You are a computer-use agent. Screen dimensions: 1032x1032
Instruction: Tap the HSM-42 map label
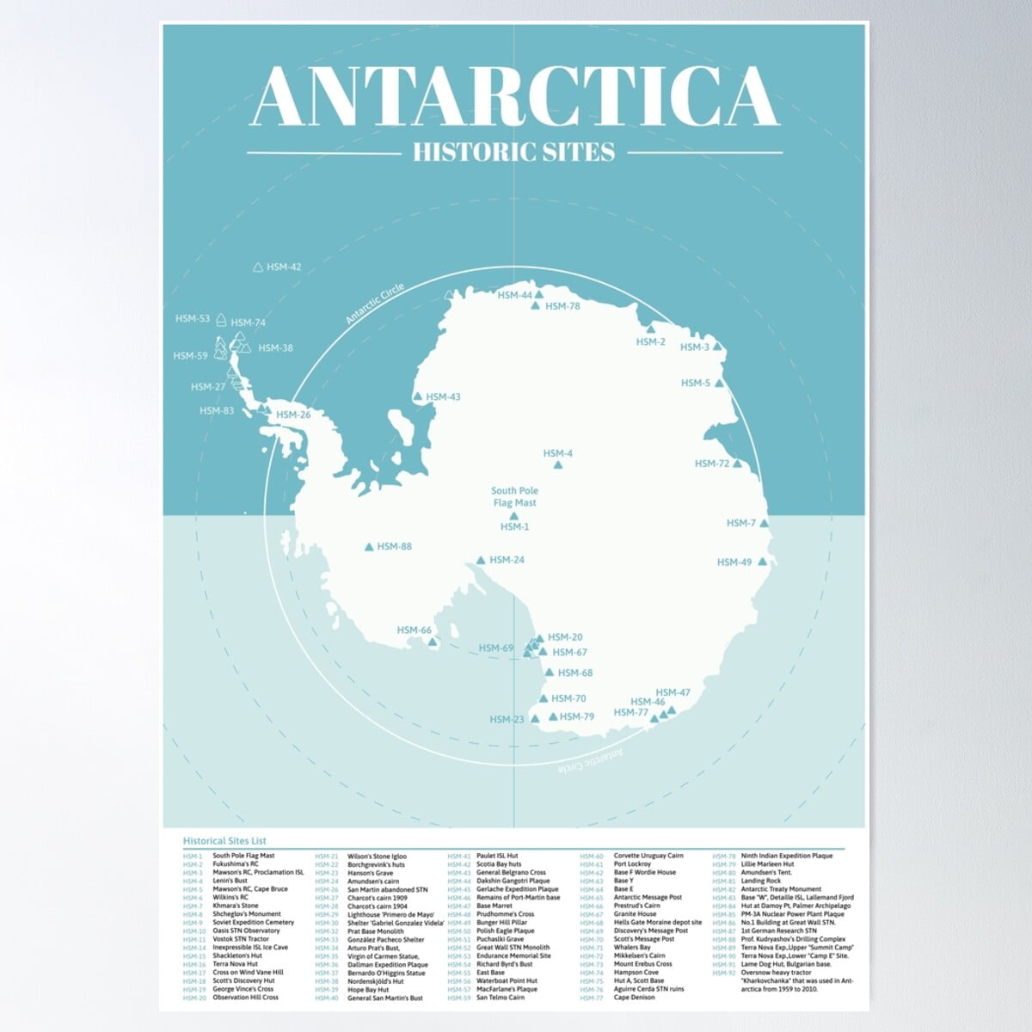(284, 267)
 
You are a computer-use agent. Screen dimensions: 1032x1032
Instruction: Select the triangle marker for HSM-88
(370, 546)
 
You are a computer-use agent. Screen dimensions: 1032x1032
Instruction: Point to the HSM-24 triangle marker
(481, 561)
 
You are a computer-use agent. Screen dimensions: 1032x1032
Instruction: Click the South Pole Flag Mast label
(514, 497)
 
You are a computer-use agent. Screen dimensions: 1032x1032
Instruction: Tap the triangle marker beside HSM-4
(558, 465)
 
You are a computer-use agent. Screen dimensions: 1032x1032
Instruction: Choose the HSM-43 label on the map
(443, 397)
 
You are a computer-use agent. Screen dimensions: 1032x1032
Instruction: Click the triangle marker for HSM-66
(433, 642)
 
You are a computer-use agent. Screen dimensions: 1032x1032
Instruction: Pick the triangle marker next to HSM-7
(764, 523)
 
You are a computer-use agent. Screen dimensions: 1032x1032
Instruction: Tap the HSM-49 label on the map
(734, 562)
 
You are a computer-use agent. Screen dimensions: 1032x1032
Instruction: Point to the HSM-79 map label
(577, 716)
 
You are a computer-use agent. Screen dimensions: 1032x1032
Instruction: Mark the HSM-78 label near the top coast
(563, 306)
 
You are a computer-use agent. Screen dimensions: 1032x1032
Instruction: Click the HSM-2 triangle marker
(650, 329)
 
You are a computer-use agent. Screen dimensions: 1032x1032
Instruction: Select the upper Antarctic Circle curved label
(375, 303)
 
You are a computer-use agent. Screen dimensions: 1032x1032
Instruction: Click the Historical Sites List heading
(224, 840)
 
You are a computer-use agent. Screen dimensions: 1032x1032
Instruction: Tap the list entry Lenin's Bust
(230, 881)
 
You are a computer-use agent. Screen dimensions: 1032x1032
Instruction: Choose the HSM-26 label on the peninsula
(293, 415)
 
